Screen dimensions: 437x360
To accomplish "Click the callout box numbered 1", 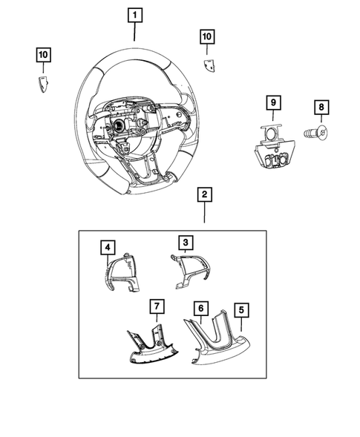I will pyautogui.click(x=134, y=14).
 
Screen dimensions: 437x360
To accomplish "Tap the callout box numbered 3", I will pyautogui.click(x=185, y=242).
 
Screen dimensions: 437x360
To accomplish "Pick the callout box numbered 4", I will pyautogui.click(x=108, y=246).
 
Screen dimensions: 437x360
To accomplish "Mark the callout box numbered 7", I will pyautogui.click(x=156, y=306).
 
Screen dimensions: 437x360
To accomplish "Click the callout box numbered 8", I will pyautogui.click(x=321, y=108).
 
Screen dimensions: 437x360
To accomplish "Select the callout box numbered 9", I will pyautogui.click(x=272, y=101).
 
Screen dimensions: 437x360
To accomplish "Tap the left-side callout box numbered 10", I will pyautogui.click(x=45, y=54).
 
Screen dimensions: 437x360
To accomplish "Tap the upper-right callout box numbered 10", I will pyautogui.click(x=206, y=36).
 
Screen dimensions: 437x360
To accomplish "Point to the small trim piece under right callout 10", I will pyautogui.click(x=210, y=65).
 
